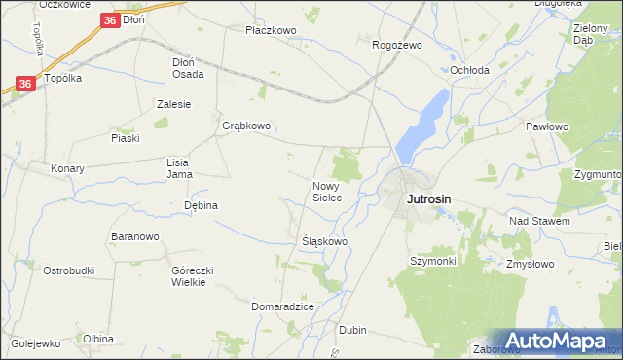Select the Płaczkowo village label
click(x=271, y=30)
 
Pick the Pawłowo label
click(x=546, y=126)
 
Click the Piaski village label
click(x=126, y=138)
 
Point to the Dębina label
click(x=201, y=205)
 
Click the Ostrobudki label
click(x=68, y=270)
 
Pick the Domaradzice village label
click(x=282, y=306)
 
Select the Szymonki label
click(x=433, y=261)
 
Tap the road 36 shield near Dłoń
click(x=110, y=19)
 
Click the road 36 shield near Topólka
click(x=26, y=85)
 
